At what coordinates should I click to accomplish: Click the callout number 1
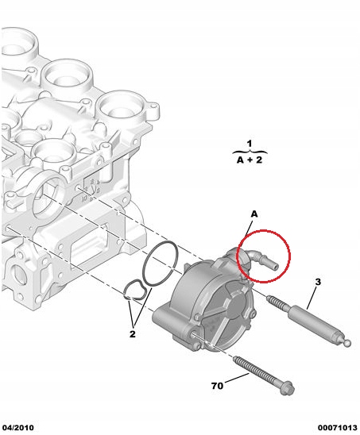pyautogui.click(x=250, y=144)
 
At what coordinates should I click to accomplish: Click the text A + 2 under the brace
pyautogui.click(x=250, y=160)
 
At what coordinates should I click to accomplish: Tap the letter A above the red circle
pyautogui.click(x=254, y=214)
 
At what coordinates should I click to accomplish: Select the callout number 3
pyautogui.click(x=318, y=282)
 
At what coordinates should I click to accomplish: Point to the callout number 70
pyautogui.click(x=217, y=386)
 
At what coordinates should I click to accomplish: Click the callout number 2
pyautogui.click(x=133, y=334)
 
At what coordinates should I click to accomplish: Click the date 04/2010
pyautogui.click(x=18, y=428)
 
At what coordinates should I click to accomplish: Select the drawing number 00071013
pyautogui.click(x=338, y=428)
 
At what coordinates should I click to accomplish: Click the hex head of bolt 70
pyautogui.click(x=287, y=387)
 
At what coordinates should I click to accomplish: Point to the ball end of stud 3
pyautogui.click(x=347, y=343)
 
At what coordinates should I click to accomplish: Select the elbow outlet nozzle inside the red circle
pyautogui.click(x=262, y=259)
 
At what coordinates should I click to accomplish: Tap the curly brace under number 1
pyautogui.click(x=250, y=152)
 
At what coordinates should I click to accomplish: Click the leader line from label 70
pyautogui.click(x=237, y=379)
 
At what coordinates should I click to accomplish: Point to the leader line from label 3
pyautogui.click(x=312, y=298)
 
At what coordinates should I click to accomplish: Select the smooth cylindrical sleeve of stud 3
pyautogui.click(x=315, y=321)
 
